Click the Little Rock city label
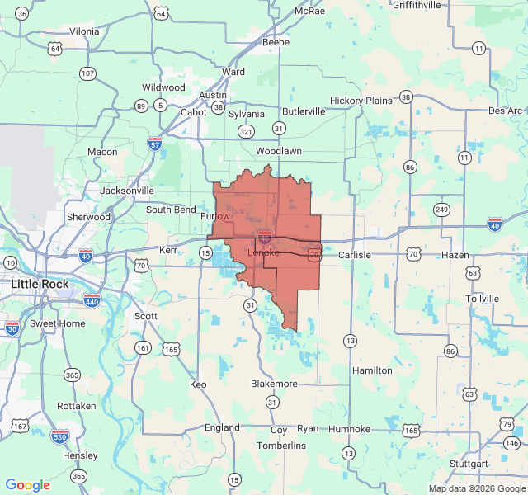click(40, 284)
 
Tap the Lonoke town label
click(264, 253)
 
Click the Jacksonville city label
click(127, 191)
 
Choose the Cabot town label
click(194, 112)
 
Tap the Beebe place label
click(276, 42)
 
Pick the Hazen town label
click(455, 255)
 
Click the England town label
click(222, 427)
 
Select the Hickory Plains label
click(361, 101)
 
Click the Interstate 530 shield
click(60, 435)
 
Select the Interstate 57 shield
click(155, 144)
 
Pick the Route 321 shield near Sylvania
click(246, 132)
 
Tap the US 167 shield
click(20, 427)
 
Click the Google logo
click(28, 485)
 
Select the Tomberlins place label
click(281, 445)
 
